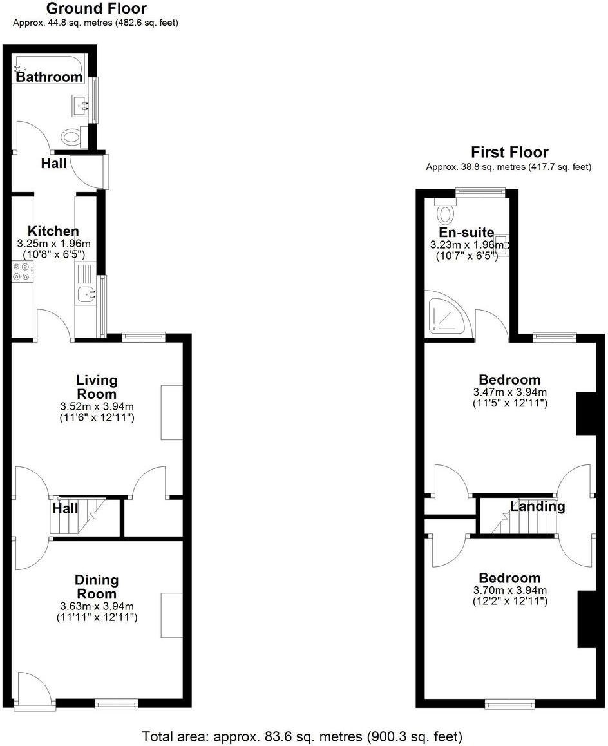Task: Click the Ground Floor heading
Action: pos(97,8)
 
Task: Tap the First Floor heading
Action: pos(509,153)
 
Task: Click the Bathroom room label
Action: pos(49,77)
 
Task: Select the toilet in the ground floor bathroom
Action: pos(71,136)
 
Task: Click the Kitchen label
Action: pos(53,231)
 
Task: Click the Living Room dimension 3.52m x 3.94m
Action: pos(97,406)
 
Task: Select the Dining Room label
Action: pos(97,587)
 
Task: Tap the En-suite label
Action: pos(466,233)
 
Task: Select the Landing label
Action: pos(537,506)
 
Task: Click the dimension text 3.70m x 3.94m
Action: pos(509,590)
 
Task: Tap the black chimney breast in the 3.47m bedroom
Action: pos(585,413)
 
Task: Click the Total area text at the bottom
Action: pos(302,736)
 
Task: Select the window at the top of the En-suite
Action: pos(480,191)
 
